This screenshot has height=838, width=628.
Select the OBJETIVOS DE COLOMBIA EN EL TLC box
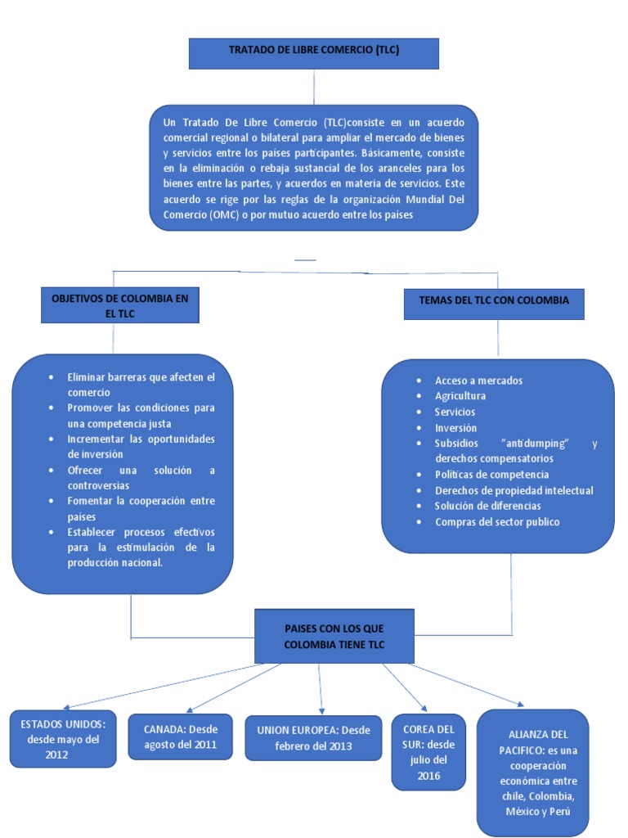[x=119, y=306]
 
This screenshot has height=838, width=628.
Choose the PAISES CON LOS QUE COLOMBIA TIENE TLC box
[x=334, y=636]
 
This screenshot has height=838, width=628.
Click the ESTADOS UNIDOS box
[x=63, y=739]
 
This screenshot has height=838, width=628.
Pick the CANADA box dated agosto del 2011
[x=180, y=737]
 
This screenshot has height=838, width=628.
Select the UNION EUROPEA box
[x=313, y=737]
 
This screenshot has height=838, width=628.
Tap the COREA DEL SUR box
[x=428, y=752]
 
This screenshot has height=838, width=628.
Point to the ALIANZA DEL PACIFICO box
[x=532, y=773]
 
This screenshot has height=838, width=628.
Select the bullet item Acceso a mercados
[x=478, y=381]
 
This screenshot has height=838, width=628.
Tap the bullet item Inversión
[x=455, y=427]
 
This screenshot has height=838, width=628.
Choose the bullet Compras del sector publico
[x=497, y=521]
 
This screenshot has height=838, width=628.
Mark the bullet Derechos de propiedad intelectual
[x=514, y=490]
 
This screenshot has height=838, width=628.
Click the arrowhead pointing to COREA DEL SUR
[x=424, y=708]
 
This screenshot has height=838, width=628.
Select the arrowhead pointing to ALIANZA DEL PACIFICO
[x=521, y=703]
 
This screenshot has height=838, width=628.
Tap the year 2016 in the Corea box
[x=428, y=776]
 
